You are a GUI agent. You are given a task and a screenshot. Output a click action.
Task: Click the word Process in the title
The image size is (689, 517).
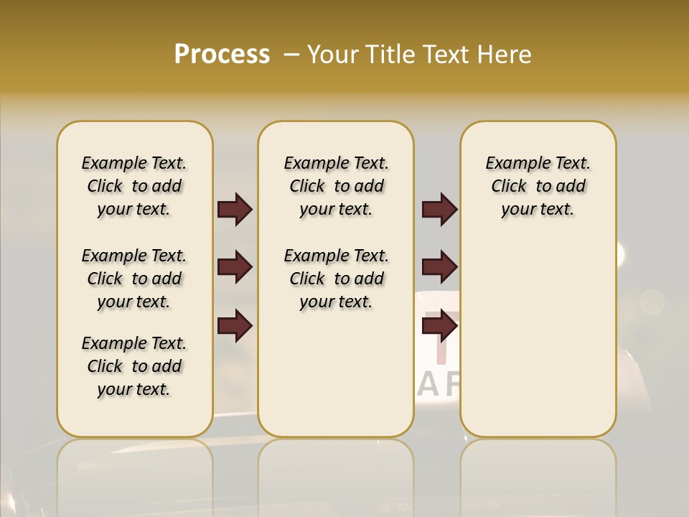tap(222, 55)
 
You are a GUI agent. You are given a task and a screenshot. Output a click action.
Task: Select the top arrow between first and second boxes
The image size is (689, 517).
tap(235, 209)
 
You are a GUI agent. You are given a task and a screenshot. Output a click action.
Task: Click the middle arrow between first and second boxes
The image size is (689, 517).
tap(235, 268)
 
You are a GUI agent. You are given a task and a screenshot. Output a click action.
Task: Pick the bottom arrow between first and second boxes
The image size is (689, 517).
tap(235, 327)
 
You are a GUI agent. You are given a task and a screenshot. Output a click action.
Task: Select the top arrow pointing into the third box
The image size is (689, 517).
tap(439, 209)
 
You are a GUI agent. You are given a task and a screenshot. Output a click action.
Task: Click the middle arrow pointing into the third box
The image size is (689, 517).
tap(439, 268)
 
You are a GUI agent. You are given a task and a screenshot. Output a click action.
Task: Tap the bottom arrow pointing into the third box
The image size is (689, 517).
tap(439, 327)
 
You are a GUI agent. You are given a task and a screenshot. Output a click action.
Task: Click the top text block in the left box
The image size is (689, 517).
tap(134, 186)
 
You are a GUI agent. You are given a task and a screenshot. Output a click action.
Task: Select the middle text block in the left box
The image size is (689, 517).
tap(134, 279)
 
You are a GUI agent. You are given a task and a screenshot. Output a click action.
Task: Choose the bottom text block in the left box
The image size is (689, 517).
tap(134, 366)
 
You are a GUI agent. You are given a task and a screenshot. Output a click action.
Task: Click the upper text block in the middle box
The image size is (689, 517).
tap(336, 186)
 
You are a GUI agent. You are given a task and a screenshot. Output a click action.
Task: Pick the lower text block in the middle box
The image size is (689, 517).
tap(336, 279)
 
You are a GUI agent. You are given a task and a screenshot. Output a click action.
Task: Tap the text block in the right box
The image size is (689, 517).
tap(538, 186)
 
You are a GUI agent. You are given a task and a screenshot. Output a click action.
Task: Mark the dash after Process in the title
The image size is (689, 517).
tap(291, 55)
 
